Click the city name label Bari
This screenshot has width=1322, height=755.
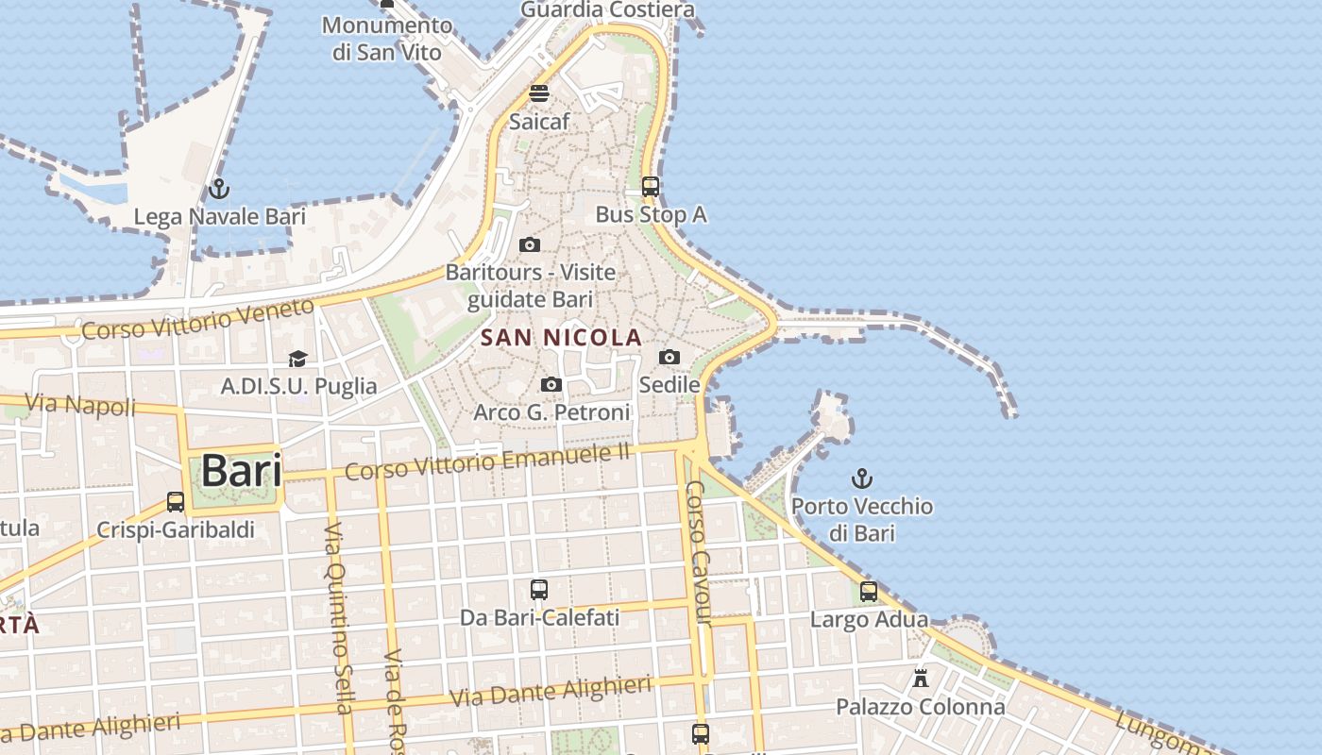click(x=242, y=470)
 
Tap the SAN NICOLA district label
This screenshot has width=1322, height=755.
click(x=561, y=337)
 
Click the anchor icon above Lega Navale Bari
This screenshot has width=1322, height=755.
click(x=219, y=189)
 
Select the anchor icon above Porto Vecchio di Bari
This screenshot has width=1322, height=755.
click(x=861, y=478)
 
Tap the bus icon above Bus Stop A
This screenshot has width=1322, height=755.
click(x=651, y=186)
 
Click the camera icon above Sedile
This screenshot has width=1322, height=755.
click(x=669, y=357)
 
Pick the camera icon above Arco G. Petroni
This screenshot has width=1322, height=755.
click(x=551, y=384)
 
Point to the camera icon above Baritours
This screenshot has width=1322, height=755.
click(x=530, y=245)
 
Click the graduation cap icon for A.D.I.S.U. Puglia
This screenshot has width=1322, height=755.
click(x=298, y=358)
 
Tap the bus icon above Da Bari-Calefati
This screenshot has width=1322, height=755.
click(x=539, y=590)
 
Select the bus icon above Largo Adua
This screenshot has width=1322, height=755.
click(x=869, y=592)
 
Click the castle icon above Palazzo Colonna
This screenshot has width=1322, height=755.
click(x=921, y=678)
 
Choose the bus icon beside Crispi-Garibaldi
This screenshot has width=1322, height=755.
click(x=176, y=501)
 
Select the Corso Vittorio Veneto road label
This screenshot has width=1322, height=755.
click(x=197, y=320)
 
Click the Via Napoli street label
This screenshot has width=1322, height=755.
click(x=80, y=406)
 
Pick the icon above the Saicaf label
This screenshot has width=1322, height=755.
click(x=539, y=92)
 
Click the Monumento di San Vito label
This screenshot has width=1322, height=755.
click(x=386, y=39)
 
